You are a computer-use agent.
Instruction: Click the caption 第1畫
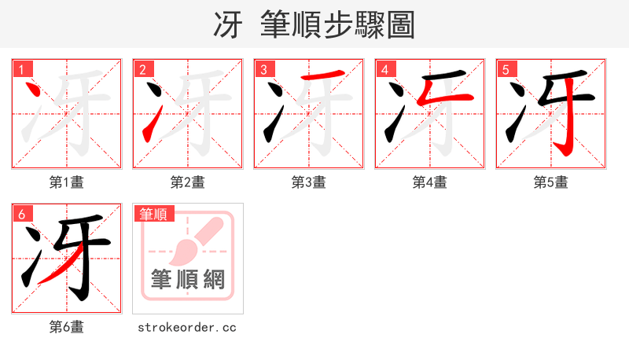67,182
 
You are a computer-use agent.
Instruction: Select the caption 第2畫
188,182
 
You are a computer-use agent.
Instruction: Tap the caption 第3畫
309,182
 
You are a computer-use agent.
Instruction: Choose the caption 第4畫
430,182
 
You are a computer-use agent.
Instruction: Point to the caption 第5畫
551,182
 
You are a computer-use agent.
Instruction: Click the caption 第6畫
67,327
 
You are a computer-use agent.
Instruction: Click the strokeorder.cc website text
187,327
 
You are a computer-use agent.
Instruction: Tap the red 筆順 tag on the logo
154,214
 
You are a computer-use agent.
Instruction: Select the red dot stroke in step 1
34,93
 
